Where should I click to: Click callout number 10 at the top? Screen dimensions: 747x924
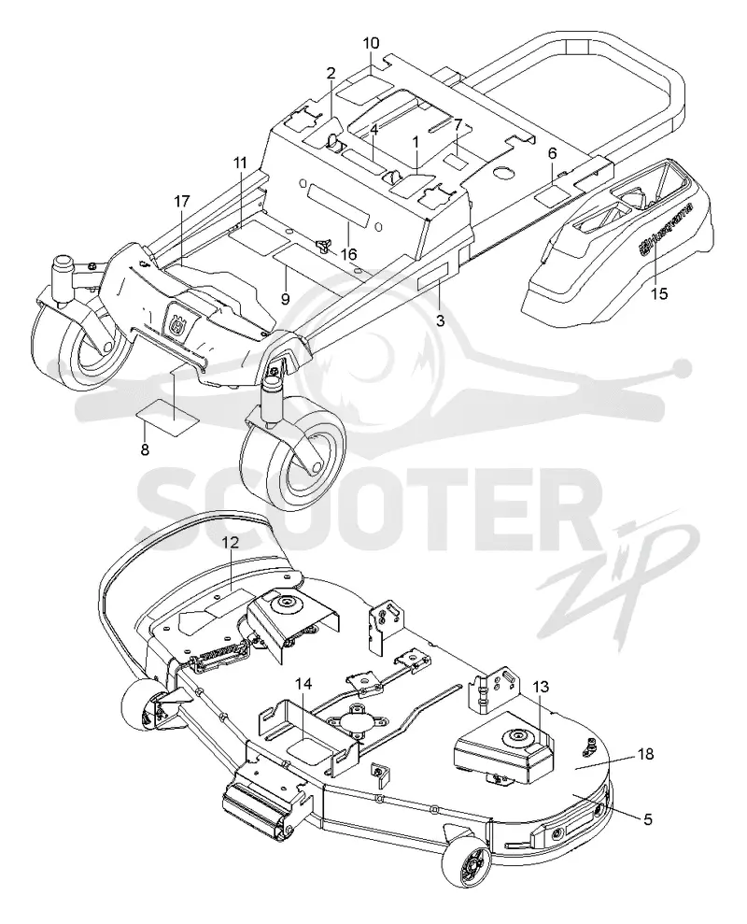point(371,43)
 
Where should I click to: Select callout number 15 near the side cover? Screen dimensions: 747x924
point(659,292)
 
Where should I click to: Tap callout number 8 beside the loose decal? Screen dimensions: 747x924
point(145,450)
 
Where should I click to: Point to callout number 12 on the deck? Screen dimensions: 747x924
point(231,543)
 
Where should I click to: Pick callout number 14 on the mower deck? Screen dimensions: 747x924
point(303,684)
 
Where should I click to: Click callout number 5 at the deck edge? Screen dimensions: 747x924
point(647,819)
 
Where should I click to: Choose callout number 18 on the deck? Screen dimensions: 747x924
point(645,754)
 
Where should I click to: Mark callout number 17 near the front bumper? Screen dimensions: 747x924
point(182,202)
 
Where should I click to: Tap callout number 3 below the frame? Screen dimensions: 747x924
point(440,321)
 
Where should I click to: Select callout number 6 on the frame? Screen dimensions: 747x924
point(552,154)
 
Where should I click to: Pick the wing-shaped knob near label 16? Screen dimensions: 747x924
point(322,245)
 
